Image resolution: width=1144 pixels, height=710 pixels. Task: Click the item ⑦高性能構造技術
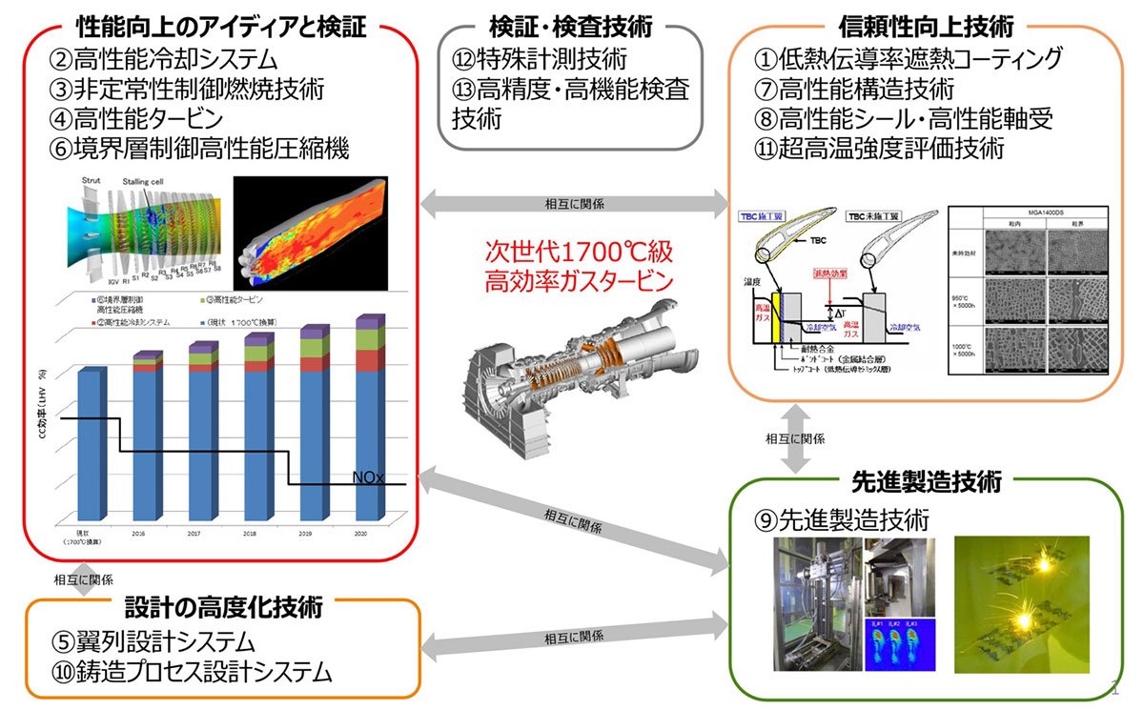(853, 90)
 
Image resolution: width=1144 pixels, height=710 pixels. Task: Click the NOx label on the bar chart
(368, 477)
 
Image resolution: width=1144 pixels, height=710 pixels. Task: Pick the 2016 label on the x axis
(140, 535)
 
